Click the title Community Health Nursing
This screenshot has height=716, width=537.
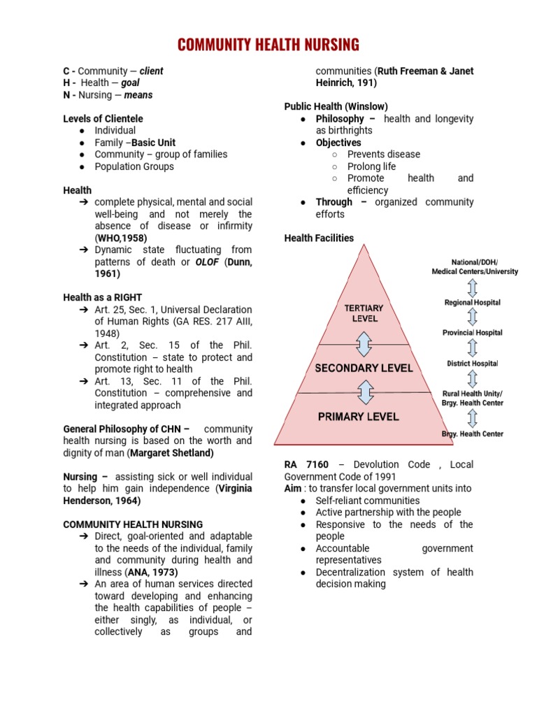pos(268,45)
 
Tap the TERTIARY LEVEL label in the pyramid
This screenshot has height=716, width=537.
pos(364,313)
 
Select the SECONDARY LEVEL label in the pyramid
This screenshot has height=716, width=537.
pos(364,368)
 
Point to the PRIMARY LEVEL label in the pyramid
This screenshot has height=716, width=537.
pos(358,417)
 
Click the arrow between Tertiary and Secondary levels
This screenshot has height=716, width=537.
pos(364,345)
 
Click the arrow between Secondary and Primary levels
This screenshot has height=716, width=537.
pos(364,392)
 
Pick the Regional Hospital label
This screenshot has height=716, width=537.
pos(472,303)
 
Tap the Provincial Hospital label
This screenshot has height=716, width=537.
pos(472,333)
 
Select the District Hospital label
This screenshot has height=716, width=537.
pos(472,364)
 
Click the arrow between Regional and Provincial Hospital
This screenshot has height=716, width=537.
pos(473,317)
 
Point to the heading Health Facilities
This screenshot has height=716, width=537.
pos(319,238)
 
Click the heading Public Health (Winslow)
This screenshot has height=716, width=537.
pos(336,106)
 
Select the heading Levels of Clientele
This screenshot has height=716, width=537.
pos(103,119)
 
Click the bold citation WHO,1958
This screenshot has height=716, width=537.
pos(122,238)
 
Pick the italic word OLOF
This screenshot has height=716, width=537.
pos(206,262)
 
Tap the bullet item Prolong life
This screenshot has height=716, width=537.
pos(371,166)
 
